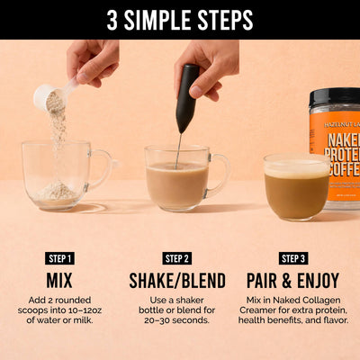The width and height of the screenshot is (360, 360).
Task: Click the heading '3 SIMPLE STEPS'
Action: (180, 20)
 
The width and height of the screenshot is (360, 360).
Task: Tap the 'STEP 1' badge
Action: (58, 258)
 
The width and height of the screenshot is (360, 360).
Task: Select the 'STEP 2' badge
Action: (176, 258)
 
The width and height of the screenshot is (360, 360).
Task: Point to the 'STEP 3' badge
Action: (293, 258)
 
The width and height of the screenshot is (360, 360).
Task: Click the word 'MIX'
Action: (58, 280)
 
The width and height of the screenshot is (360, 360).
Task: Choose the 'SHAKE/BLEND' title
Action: (176, 280)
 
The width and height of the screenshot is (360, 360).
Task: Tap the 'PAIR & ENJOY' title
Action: (293, 280)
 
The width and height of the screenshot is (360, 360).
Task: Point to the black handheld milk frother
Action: (187, 97)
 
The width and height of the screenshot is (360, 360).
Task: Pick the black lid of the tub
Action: (336, 94)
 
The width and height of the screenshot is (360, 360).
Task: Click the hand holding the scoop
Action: (94, 61)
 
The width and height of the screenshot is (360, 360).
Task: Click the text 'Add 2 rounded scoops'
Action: (58, 301)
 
